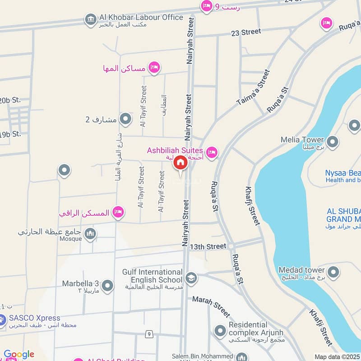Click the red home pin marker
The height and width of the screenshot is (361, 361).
180,163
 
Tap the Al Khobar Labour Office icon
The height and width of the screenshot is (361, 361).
90,19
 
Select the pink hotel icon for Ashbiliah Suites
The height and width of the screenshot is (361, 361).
212,152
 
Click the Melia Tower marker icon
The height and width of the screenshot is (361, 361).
333,143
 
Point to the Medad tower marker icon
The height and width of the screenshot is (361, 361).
333,272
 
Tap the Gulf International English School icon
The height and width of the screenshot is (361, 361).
191,278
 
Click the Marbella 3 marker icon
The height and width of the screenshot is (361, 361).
107,286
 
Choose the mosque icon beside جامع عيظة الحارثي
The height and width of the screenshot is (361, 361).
90,234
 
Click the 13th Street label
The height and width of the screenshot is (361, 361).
208,246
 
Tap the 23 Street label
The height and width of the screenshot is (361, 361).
245,32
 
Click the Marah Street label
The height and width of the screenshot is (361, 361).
211,306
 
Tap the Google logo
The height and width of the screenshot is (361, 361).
19,355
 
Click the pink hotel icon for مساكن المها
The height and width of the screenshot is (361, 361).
154,68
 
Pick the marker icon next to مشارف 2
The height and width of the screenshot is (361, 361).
125,119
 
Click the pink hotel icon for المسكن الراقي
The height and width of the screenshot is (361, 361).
118,212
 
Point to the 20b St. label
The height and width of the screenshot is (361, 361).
10,100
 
